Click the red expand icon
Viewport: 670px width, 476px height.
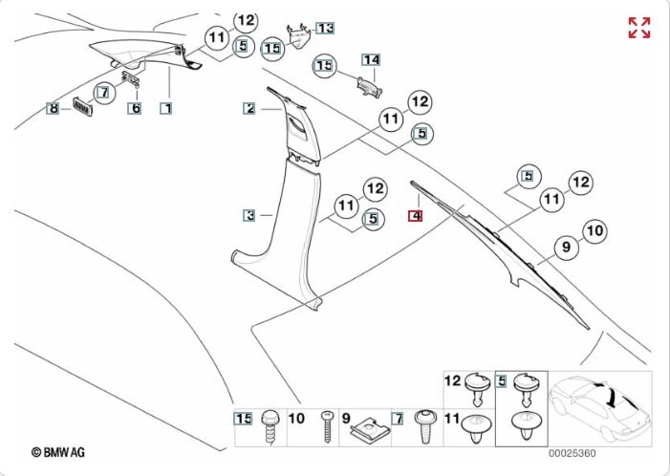pyautogui.click(x=638, y=28)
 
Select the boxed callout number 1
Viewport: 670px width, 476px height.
pyautogui.click(x=165, y=108)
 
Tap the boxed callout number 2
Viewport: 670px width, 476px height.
pyautogui.click(x=249, y=109)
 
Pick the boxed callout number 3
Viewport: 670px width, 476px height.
pyautogui.click(x=249, y=216)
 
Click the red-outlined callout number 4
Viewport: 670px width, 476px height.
pyautogui.click(x=415, y=216)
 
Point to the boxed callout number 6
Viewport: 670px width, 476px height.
pyautogui.click(x=135, y=108)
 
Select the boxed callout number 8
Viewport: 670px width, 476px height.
pyautogui.click(x=54, y=108)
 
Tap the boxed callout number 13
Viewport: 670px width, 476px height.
pyautogui.click(x=325, y=29)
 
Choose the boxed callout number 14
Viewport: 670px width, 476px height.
pyautogui.click(x=370, y=60)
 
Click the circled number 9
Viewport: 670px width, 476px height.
pyautogui.click(x=565, y=248)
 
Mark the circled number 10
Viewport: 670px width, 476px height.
pyautogui.click(x=594, y=230)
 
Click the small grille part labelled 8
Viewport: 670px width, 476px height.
pyautogui.click(x=84, y=108)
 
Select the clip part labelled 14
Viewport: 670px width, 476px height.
pyautogui.click(x=368, y=84)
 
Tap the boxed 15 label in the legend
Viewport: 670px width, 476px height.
pyautogui.click(x=244, y=418)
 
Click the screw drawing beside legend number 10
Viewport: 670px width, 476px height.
pyautogui.click(x=327, y=425)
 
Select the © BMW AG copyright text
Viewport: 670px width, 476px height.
pyautogui.click(x=60, y=451)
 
